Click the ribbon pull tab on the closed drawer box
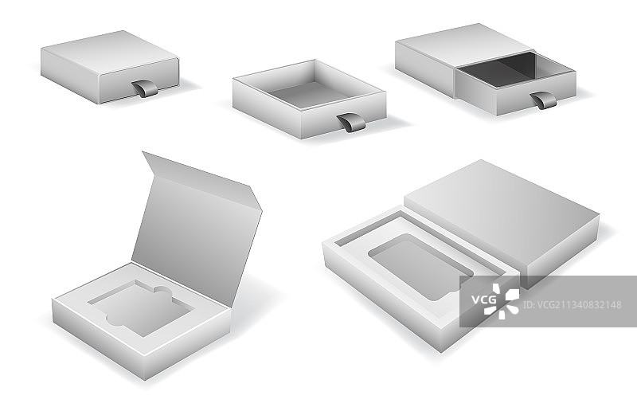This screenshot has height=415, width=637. click(x=145, y=88)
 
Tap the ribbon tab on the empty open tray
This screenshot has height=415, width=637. click(x=350, y=123)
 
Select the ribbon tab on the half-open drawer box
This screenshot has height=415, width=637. click(x=544, y=100)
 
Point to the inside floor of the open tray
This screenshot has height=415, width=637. click(x=308, y=95)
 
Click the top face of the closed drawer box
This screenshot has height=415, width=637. click(x=110, y=53)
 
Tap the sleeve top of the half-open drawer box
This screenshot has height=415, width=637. click(x=463, y=43)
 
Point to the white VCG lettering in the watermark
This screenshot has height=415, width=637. click(x=484, y=300)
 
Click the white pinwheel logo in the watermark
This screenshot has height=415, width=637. click(x=502, y=301)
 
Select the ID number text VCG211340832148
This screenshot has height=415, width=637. click(x=573, y=304)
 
